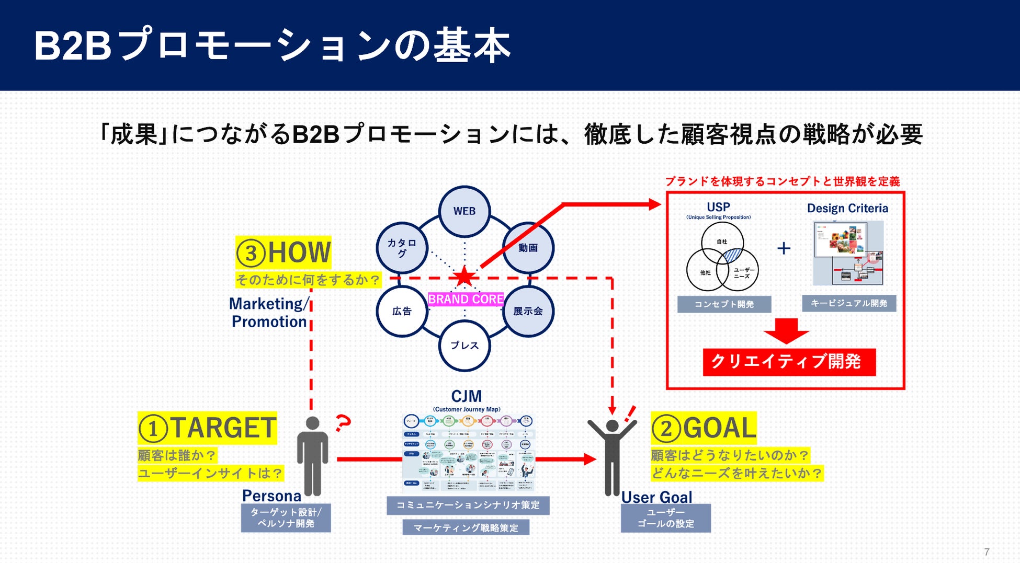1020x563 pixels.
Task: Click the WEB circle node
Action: point(464,211)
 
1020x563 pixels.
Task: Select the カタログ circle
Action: point(402,248)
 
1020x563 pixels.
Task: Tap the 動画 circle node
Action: point(528,248)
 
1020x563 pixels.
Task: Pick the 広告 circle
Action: point(402,311)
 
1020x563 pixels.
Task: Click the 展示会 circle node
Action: point(528,311)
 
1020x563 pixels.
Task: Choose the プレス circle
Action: point(464,346)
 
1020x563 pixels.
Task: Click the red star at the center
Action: point(464,277)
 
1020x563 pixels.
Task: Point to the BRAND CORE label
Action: point(466,299)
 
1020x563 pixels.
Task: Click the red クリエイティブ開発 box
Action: point(789,362)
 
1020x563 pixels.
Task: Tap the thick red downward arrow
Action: point(786,330)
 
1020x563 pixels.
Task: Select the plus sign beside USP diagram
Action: point(784,248)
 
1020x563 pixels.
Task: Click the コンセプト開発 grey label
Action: point(724,304)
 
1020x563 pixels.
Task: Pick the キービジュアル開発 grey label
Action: point(849,303)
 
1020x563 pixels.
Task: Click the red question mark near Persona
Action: point(343,422)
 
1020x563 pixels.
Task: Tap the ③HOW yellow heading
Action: point(283,252)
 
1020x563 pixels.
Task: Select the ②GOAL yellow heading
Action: point(704,428)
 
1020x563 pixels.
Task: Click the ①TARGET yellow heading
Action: point(207,428)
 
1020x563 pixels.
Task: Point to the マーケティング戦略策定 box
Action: point(466,527)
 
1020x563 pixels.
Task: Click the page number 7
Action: point(987,552)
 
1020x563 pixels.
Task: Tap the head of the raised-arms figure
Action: point(612,426)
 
